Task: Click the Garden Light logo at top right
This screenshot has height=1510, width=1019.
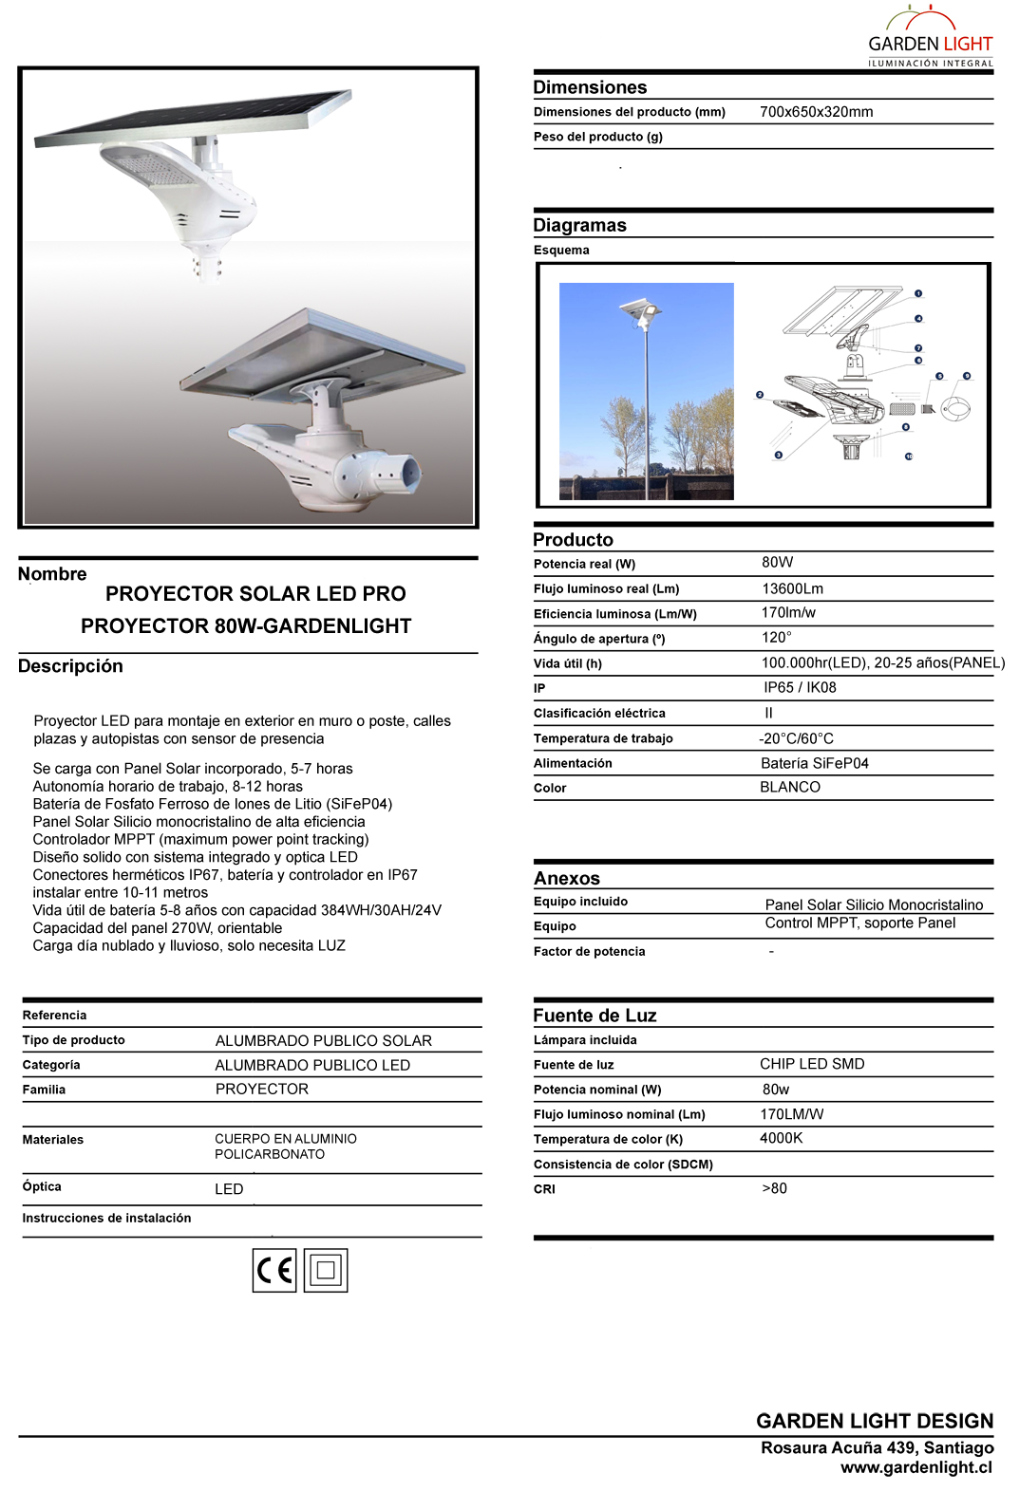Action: [x=930, y=38]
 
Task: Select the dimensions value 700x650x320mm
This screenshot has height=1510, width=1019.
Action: [x=816, y=112]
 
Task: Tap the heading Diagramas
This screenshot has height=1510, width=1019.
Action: [x=579, y=226]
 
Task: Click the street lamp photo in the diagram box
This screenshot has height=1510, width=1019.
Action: [x=647, y=391]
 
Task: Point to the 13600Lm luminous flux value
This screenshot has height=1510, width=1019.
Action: [x=792, y=589]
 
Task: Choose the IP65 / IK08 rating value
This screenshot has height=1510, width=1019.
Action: [x=800, y=688]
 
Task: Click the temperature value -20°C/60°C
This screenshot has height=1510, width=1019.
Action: [x=796, y=738]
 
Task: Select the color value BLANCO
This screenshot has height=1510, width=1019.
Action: [x=789, y=788]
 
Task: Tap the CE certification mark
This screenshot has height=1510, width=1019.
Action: [x=274, y=1270]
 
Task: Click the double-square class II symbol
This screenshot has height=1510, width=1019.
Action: [x=326, y=1270]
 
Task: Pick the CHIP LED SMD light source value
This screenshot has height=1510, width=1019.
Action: [x=812, y=1065]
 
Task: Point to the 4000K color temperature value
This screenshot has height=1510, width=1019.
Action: [x=781, y=1139]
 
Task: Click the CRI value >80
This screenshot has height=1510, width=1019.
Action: [x=774, y=1189]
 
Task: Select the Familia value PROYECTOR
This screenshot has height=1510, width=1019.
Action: [x=261, y=1090]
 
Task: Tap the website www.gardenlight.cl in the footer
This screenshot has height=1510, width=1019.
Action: [x=915, y=1468]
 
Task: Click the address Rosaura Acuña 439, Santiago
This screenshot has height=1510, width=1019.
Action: [x=877, y=1448]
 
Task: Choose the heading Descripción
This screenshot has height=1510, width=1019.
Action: [x=70, y=666]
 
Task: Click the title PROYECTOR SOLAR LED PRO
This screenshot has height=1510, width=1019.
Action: [x=255, y=594]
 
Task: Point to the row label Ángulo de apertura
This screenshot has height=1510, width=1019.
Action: [x=598, y=640]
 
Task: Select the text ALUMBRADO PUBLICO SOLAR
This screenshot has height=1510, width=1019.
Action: [x=323, y=1041]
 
